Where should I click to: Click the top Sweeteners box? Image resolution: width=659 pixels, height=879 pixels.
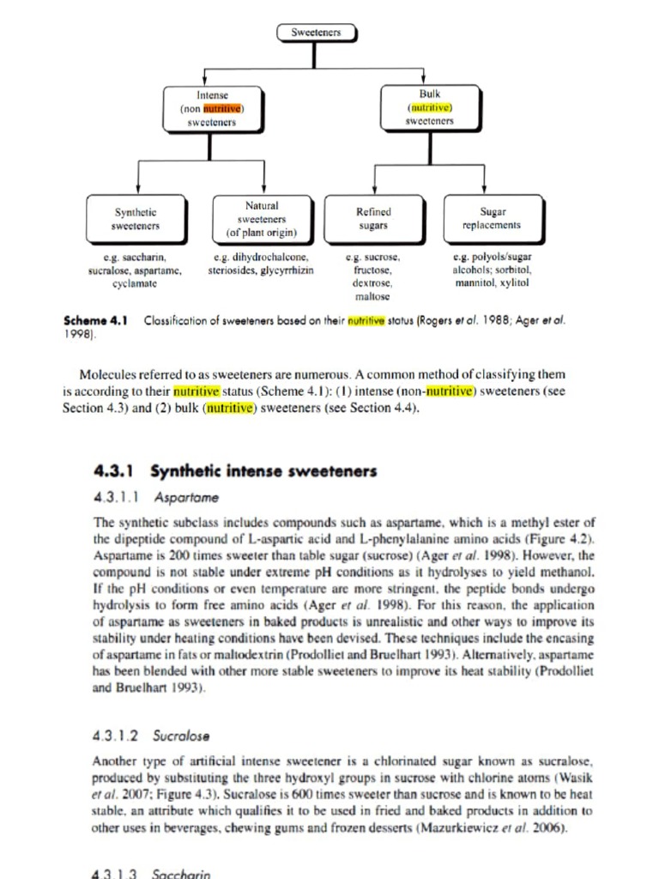tap(316, 33)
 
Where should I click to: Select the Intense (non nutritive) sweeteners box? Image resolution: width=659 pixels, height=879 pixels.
tap(212, 109)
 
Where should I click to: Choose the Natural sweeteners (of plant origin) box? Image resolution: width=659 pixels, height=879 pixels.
tap(262, 218)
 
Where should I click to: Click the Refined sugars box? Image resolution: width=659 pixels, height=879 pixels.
tap(373, 218)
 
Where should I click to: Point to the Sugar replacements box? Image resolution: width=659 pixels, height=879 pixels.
tap(493, 218)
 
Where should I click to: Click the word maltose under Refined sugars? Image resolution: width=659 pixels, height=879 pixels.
tap(372, 295)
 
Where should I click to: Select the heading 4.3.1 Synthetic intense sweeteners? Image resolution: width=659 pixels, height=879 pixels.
tap(234, 471)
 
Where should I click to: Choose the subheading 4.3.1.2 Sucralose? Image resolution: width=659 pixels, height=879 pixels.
tap(152, 736)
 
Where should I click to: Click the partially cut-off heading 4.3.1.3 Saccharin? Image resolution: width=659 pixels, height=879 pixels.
tap(150, 872)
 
